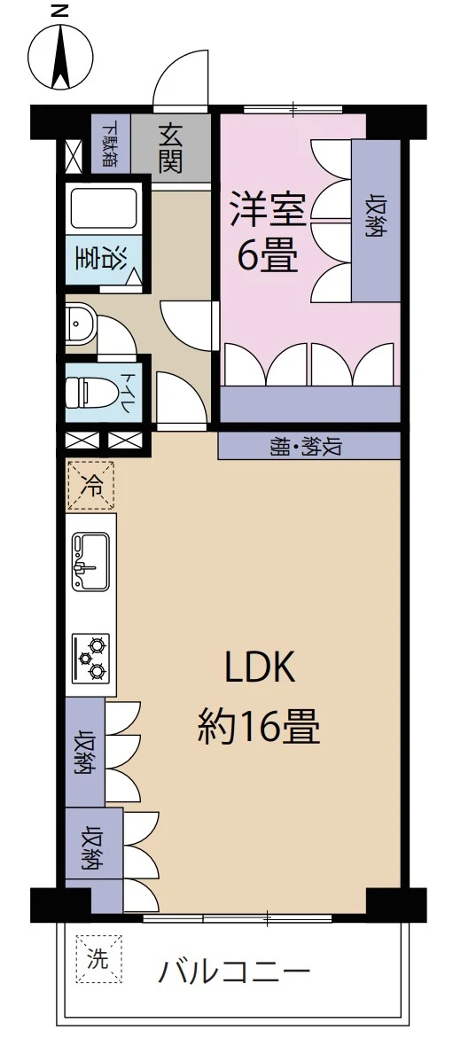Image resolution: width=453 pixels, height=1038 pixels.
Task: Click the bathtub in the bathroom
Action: (x=102, y=207)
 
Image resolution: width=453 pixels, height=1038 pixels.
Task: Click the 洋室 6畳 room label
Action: (x=268, y=230)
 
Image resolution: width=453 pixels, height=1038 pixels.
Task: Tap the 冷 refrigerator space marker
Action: (x=90, y=485)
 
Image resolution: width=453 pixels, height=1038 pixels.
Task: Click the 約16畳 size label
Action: (x=258, y=728)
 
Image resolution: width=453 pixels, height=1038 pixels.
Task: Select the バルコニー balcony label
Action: (x=234, y=972)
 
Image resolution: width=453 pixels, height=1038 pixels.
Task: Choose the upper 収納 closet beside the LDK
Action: (x=85, y=752)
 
